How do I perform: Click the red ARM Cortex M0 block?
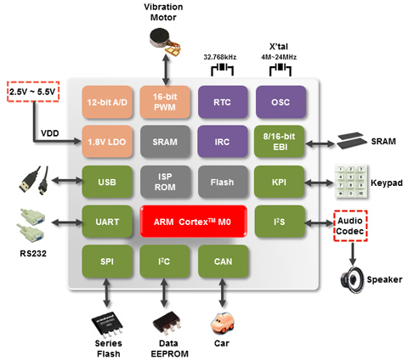pos(194,222)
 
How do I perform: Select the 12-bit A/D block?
pos(107,102)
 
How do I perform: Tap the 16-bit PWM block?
pos(165,102)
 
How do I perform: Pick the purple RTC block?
pos(223,102)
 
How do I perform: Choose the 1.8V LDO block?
pos(107,142)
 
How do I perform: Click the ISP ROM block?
pos(165,182)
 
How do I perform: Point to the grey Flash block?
pos(223,182)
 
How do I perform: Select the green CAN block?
pos(224,262)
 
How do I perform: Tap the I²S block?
pos(280,222)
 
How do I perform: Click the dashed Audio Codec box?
pos(350,226)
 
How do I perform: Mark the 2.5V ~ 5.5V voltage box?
pos(33,92)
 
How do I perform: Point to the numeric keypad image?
pos(351,182)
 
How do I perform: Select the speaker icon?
pos(352,280)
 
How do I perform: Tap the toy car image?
pos(223,323)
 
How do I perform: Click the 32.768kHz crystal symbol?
pos(222,70)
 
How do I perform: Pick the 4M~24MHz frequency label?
pos(279,57)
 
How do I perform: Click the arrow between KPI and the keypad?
pos(320,183)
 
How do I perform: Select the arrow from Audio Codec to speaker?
pos(352,254)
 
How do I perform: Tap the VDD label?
pos(50,133)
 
